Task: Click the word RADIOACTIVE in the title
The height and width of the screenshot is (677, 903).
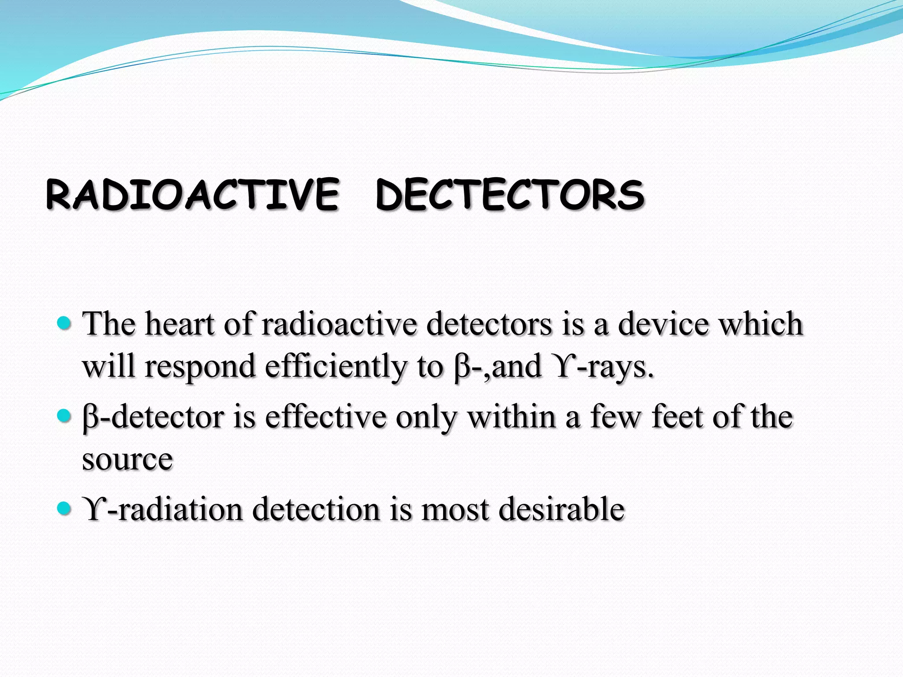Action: tap(193, 194)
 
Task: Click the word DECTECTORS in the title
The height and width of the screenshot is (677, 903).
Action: tap(510, 194)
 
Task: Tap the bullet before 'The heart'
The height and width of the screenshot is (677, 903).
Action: tap(64, 324)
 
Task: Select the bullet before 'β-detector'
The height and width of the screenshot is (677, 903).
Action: tap(64, 416)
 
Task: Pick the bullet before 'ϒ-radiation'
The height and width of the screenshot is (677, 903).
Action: tap(64, 509)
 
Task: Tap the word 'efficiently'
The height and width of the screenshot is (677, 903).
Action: tap(336, 367)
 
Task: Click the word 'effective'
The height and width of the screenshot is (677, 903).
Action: tap(326, 417)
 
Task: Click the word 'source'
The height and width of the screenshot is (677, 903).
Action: tap(127, 460)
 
